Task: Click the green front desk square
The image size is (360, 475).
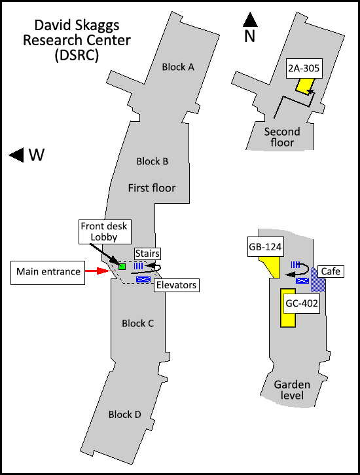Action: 122,267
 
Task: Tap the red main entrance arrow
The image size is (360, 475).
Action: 97,271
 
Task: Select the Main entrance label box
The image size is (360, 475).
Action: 48,273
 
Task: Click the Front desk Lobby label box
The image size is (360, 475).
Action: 105,232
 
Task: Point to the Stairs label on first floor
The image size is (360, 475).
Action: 147,254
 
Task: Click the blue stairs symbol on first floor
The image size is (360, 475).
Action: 139,266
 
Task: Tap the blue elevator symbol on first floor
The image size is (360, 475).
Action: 143,279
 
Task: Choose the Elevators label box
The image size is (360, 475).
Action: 176,285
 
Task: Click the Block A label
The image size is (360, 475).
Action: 178,67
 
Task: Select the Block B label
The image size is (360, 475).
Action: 152,161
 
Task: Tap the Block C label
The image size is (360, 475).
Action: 137,324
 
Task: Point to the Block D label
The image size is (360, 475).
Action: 124,415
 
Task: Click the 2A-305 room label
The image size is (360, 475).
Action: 304,68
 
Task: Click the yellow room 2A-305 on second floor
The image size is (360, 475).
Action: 305,86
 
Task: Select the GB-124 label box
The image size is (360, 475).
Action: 265,247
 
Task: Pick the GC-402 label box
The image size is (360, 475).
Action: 302,303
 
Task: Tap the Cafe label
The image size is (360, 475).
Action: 331,271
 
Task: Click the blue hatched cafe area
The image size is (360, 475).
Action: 317,280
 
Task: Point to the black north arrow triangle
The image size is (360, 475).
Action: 250,20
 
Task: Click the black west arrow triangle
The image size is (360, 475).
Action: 16,155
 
